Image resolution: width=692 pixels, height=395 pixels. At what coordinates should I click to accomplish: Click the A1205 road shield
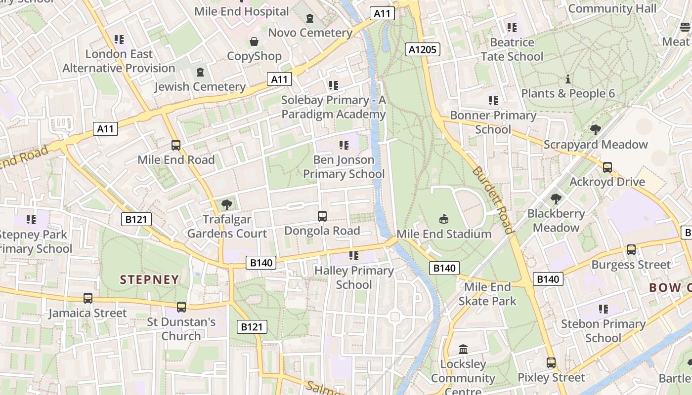[422, 49]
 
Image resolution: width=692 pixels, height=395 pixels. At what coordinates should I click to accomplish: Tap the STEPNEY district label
[149, 279]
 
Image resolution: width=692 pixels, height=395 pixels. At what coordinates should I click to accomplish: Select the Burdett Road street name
[492, 200]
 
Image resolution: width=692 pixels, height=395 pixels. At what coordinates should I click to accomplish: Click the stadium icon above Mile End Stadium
[444, 219]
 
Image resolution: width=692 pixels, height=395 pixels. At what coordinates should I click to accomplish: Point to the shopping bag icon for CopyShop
[254, 41]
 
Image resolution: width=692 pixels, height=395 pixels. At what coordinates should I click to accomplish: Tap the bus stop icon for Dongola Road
[322, 216]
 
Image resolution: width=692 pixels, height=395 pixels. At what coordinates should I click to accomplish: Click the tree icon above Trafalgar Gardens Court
[227, 204]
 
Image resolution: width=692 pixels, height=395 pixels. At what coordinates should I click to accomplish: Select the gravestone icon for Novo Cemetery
[310, 18]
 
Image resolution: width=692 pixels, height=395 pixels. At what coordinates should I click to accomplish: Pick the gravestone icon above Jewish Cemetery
[200, 73]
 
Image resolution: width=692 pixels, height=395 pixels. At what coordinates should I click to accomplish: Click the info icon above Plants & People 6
[568, 79]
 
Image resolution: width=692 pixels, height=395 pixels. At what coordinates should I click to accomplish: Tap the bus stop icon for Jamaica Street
[88, 298]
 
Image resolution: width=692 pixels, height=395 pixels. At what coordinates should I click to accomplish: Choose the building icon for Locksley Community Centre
[463, 350]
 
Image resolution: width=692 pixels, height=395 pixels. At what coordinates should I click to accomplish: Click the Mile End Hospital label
[242, 11]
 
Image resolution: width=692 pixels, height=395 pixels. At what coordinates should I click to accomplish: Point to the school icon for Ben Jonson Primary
[344, 145]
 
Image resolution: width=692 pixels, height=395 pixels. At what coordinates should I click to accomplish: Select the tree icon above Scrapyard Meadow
[596, 130]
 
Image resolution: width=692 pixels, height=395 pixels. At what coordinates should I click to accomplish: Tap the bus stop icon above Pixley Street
[551, 363]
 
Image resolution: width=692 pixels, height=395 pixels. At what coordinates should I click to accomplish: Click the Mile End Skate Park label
[487, 294]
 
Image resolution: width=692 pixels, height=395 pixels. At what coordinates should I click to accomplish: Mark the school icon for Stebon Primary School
[603, 309]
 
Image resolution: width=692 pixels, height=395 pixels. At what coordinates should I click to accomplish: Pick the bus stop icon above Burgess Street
[631, 250]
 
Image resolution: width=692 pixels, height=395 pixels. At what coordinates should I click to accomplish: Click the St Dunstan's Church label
[181, 329]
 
